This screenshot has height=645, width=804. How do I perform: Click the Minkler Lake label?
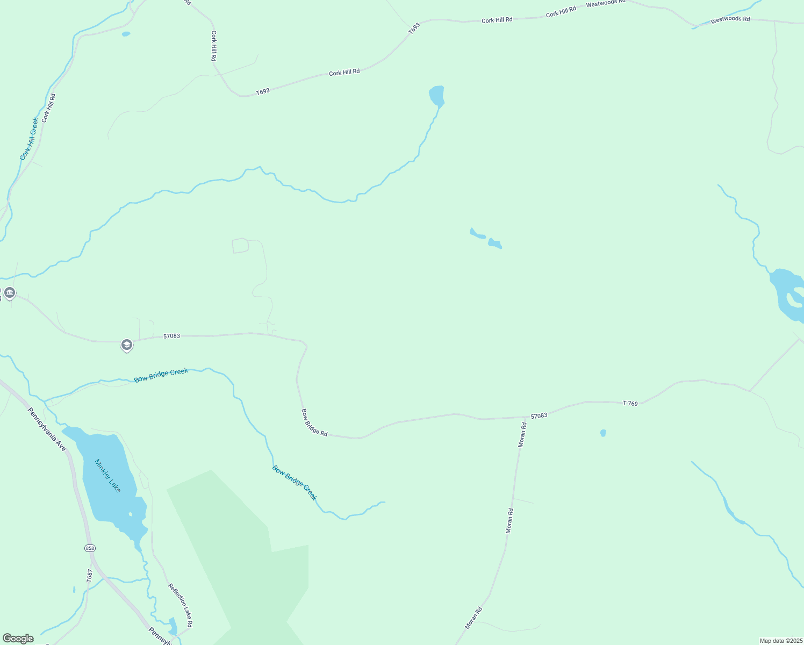[107, 475]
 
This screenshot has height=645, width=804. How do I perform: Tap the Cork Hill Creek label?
[29, 139]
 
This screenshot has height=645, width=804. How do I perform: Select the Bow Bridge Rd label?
[314, 422]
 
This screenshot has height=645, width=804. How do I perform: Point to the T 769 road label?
[630, 403]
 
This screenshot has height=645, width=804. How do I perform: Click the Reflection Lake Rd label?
[180, 605]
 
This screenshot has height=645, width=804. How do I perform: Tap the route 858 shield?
[90, 548]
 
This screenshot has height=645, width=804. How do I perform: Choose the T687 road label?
[90, 576]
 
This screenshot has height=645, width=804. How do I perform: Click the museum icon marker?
[10, 293]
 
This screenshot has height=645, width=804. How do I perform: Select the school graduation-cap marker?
[126, 345]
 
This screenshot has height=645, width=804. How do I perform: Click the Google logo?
[18, 639]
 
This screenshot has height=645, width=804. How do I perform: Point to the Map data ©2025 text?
[780, 641]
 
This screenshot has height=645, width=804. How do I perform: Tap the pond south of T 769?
[603, 433]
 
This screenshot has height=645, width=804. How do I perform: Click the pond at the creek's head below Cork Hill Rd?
[436, 96]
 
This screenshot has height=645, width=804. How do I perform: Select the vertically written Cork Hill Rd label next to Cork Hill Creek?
[48, 108]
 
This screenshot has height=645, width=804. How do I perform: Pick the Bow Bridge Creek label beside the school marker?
[161, 375]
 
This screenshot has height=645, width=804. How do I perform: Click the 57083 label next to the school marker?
[171, 336]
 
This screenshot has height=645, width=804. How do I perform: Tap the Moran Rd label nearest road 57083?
[522, 435]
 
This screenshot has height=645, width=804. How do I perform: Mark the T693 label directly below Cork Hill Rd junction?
[263, 92]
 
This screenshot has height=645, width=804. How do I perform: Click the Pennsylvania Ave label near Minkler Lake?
[47, 429]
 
